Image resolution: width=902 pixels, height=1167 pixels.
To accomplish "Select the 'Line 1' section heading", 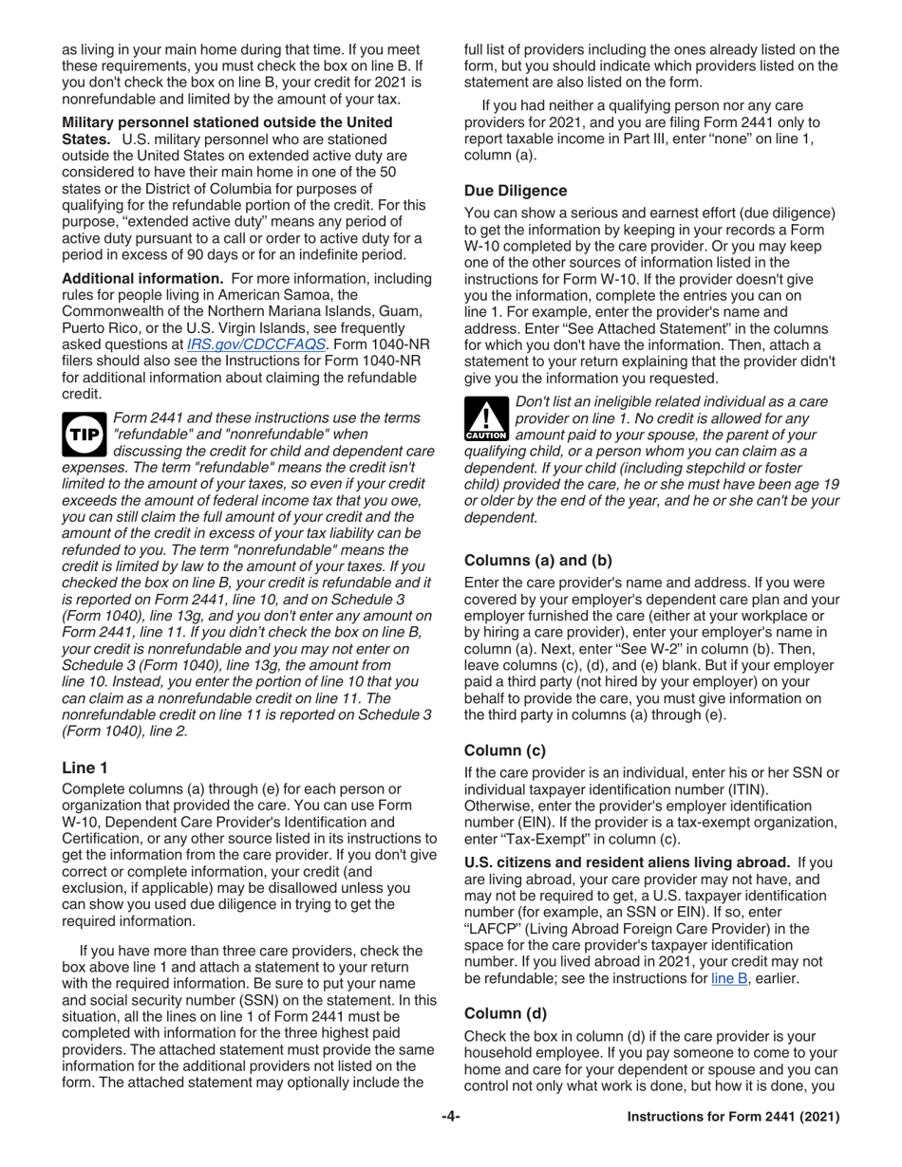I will pyautogui.click(x=84, y=768).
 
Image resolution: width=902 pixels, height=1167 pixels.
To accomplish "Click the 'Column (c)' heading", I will pyautogui.click(x=504, y=750).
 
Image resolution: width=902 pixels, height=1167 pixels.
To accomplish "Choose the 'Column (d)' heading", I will pyautogui.click(x=504, y=1012).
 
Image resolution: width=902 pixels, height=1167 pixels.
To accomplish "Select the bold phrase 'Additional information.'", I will pyautogui.click(x=141, y=278).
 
